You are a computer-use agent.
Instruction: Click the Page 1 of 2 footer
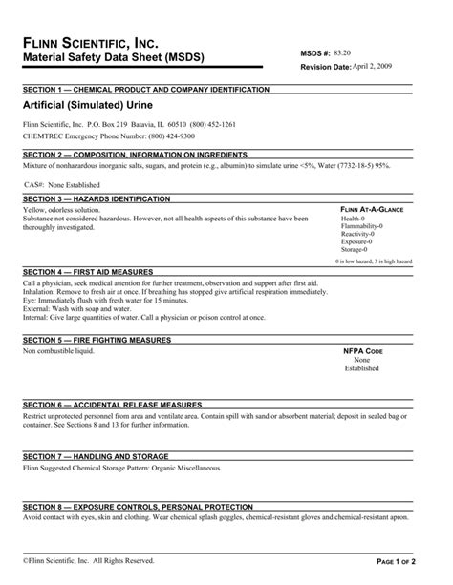408,561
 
